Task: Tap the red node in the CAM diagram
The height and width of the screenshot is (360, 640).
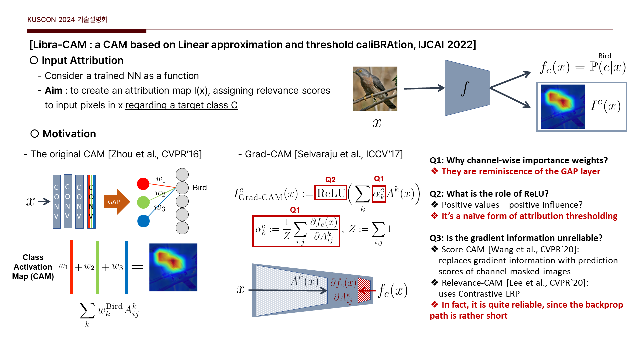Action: coord(143,184)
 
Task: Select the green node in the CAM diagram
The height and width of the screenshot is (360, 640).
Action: coord(143,202)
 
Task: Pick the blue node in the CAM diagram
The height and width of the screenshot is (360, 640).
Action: coord(143,221)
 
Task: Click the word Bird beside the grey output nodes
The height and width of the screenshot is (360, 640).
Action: coord(200,188)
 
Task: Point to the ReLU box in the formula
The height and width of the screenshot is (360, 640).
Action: coord(331,193)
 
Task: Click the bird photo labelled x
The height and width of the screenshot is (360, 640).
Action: coord(375,89)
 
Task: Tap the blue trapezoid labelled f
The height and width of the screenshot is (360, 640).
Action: coord(467,88)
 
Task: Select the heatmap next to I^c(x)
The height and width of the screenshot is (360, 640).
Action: coord(563,107)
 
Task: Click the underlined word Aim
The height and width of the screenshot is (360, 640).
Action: coord(53,90)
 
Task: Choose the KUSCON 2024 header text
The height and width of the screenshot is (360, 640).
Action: coord(67,20)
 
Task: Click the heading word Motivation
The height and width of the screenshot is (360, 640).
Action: coord(69,134)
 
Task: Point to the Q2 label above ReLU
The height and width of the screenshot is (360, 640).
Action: coord(330,180)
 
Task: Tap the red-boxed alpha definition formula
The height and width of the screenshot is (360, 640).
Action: coord(296,231)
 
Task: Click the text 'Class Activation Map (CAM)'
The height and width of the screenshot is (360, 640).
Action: coord(33,267)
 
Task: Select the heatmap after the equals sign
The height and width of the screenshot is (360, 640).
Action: coord(173,267)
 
